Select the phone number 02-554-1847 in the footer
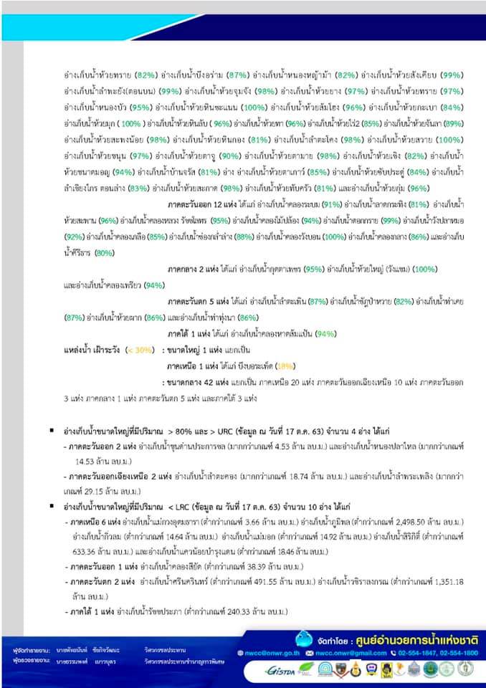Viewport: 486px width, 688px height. (414, 654)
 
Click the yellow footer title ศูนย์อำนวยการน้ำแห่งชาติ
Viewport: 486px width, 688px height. (419, 638)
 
